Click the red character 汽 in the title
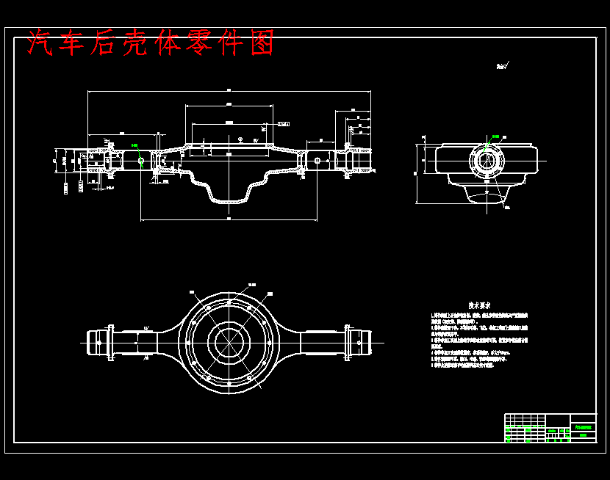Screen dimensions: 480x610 pos(40,43)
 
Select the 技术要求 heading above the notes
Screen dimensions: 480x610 pos(481,305)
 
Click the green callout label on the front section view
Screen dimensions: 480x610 pos(134,145)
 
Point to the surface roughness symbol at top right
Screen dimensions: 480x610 pos(503,67)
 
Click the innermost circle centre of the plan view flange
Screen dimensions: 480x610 pos(229,339)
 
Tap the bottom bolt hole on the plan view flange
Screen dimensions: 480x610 pos(229,384)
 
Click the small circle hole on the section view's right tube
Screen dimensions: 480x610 pos(317,159)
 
